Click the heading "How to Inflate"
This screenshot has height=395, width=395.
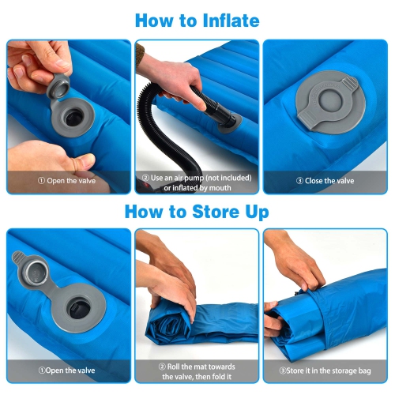click(197, 20)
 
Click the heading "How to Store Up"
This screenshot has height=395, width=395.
click(197, 212)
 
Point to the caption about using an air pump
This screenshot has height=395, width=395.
click(197, 183)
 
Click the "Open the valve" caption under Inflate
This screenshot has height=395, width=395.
click(69, 180)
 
